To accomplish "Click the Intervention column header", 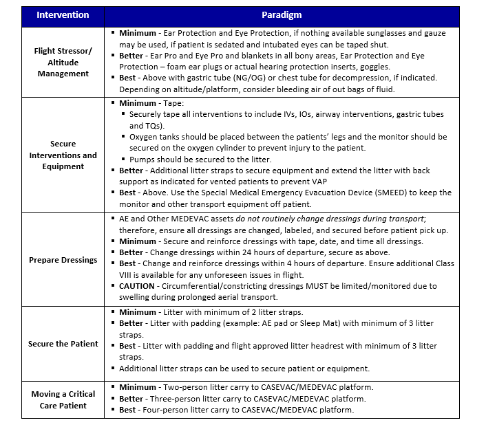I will tap(63, 14).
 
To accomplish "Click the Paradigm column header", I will tap(282, 14).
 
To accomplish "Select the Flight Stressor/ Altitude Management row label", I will tap(63, 63).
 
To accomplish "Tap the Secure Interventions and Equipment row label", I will tap(63, 155).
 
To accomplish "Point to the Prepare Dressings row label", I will tap(63, 260).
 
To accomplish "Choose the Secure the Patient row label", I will tap(63, 344).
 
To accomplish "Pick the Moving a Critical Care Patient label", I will tap(63, 399).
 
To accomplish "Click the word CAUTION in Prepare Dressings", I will tap(137, 286).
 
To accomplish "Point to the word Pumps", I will tap(142, 160).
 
